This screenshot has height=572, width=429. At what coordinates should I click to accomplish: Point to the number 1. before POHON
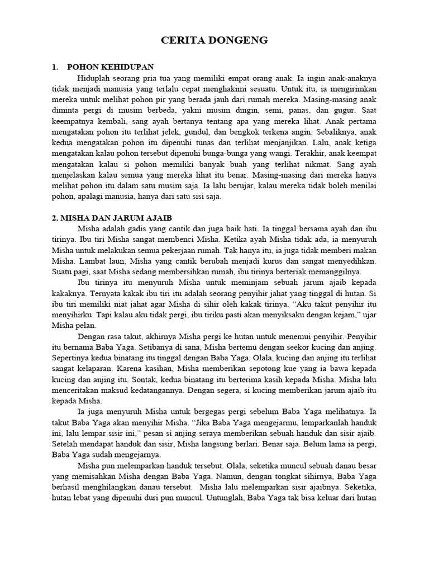(55, 67)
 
